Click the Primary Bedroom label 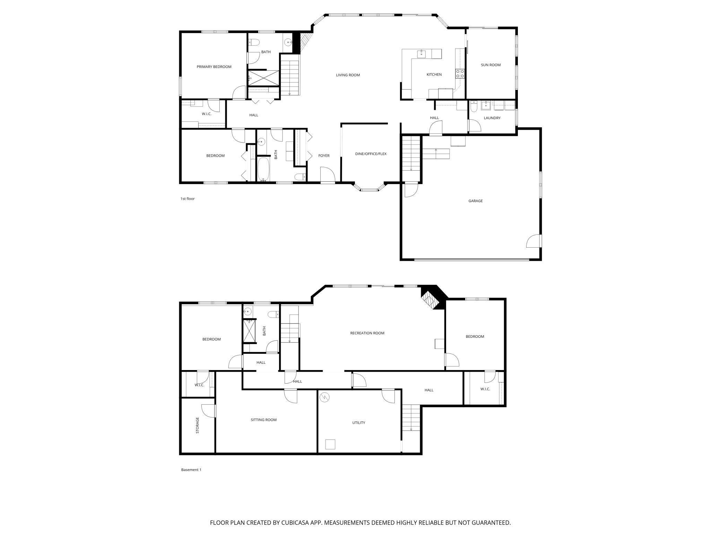[x=214, y=67]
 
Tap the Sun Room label [x=490, y=65]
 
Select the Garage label [x=475, y=201]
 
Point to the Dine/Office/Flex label [x=371, y=154]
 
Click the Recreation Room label [x=367, y=333]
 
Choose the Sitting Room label [x=263, y=420]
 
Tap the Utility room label [x=358, y=423]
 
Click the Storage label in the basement [x=197, y=425]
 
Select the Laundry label [x=492, y=118]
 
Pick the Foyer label [x=324, y=156]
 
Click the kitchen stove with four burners [x=460, y=74]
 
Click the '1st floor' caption [x=188, y=199]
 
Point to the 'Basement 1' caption [x=191, y=470]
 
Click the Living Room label [x=348, y=75]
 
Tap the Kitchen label [x=434, y=75]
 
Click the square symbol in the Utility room [x=330, y=444]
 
